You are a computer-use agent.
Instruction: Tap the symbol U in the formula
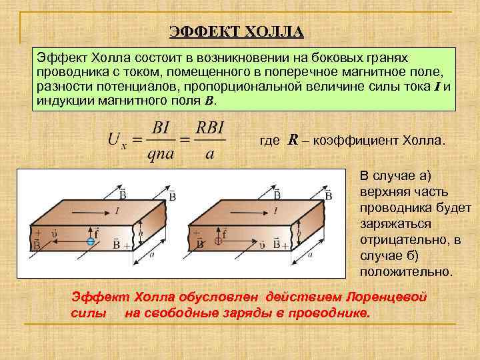[114, 139]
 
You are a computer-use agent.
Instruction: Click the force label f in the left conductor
[97, 233]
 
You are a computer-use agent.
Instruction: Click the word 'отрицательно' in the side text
[396, 239]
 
